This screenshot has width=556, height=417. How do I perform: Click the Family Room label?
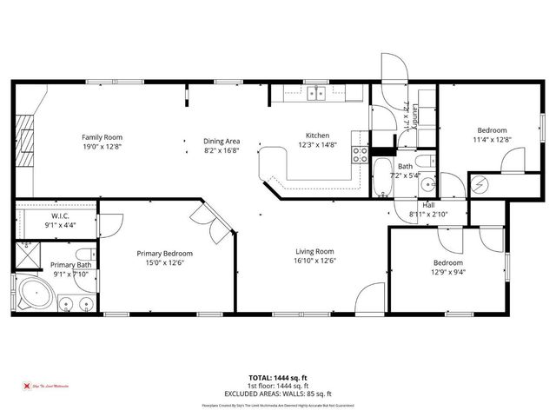pyautogui.click(x=103, y=137)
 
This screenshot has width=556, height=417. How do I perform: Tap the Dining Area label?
pyautogui.click(x=222, y=141)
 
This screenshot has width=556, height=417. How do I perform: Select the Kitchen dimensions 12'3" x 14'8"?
pyautogui.click(x=317, y=146)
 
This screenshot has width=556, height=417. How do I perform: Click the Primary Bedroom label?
pyautogui.click(x=165, y=254)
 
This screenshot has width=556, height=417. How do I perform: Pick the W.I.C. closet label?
pyautogui.click(x=60, y=215)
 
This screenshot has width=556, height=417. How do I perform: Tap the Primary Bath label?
pyautogui.click(x=70, y=264)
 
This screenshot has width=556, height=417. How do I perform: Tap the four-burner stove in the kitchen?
pyautogui.click(x=360, y=156)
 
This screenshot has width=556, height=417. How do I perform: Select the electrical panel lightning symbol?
pyautogui.click(x=480, y=185)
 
